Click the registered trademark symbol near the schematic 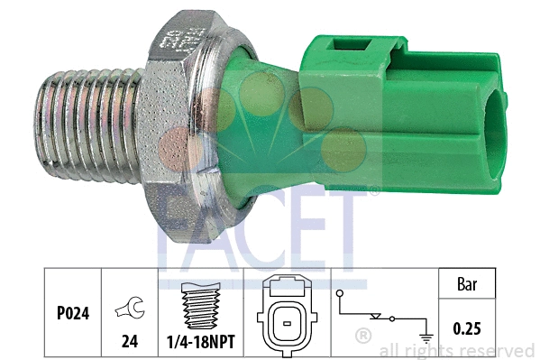coord(363,336)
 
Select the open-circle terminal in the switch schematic coord(340,293)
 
